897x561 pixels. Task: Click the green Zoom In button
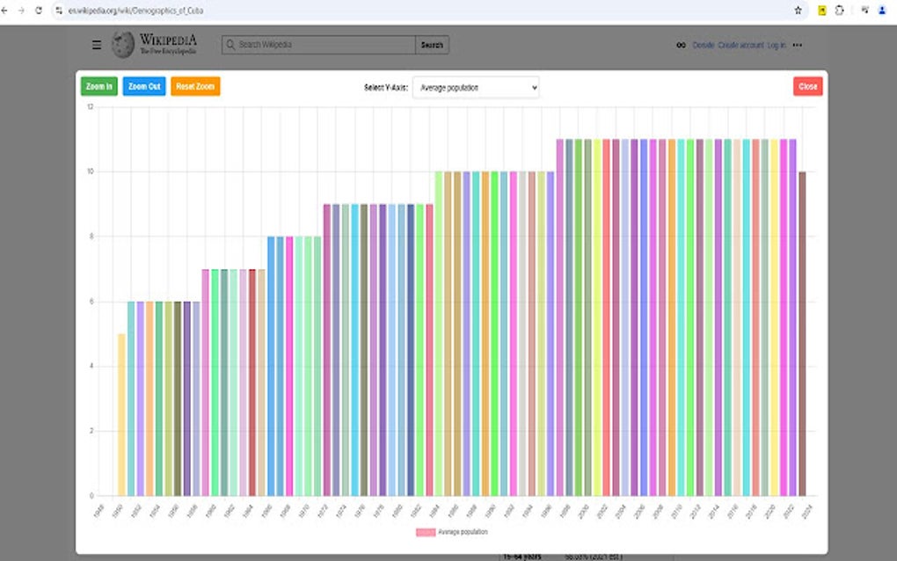pos(98,86)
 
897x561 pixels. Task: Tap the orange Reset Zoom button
pos(195,86)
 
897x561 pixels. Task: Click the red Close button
pos(807,86)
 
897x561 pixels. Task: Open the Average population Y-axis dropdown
pos(475,87)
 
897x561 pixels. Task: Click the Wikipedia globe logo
pos(123,44)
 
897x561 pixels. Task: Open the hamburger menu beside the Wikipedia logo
pos(97,45)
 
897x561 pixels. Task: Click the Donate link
pos(704,45)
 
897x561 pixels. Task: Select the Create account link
pos(740,45)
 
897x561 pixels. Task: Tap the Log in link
pos(777,45)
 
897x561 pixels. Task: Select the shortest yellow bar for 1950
pos(121,414)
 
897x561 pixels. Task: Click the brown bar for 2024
pos(802,333)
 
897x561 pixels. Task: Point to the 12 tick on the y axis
pos(90,106)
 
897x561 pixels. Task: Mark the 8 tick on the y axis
pos(90,237)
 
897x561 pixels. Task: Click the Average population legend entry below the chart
pos(452,532)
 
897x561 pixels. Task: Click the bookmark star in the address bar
pos(798,11)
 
